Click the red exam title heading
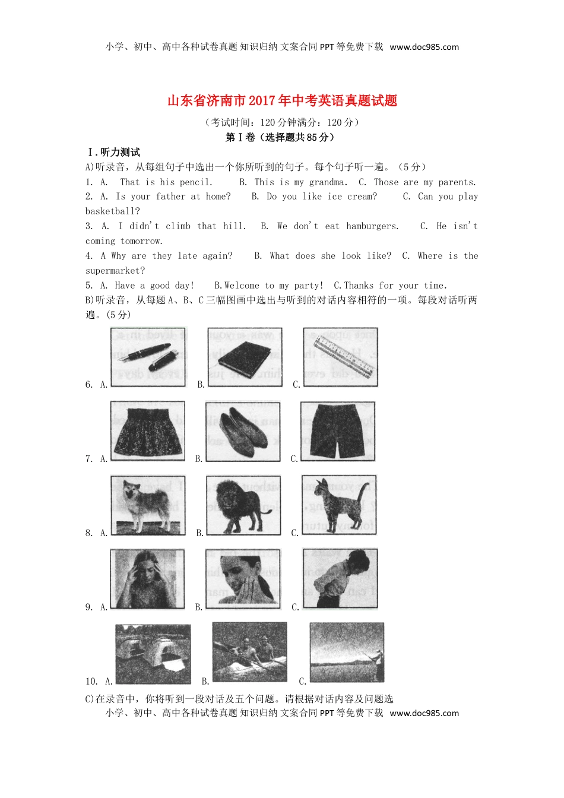coord(282,101)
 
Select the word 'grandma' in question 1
coord(327,182)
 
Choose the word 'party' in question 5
coord(308,286)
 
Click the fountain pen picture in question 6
coord(148,357)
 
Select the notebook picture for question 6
coord(245,357)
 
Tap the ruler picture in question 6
coord(340,357)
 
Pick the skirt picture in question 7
coord(147,431)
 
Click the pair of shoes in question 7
coord(243,431)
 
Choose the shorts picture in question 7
coord(338,431)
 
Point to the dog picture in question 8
coord(148,505)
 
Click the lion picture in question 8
coord(243,505)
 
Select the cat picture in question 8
coord(339,505)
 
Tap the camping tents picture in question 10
coord(153,654)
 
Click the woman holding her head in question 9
coord(147,579)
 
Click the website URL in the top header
coord(424,47)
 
